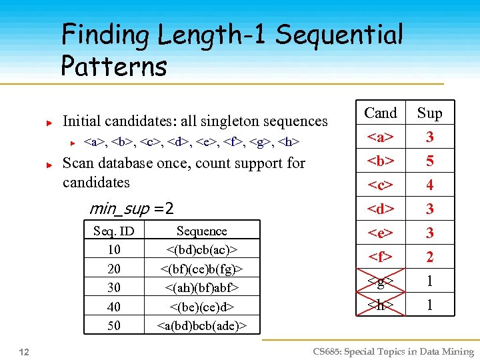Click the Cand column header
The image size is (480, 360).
381,113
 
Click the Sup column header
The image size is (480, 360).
429,113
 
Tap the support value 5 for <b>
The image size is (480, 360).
430,161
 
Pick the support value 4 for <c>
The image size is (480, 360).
430,185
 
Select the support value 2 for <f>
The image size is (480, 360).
430,257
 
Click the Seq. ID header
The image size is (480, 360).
114,231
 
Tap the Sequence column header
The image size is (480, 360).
201,231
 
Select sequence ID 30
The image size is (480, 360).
114,287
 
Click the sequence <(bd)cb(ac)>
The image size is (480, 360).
201,249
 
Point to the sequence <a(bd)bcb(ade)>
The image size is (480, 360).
201,325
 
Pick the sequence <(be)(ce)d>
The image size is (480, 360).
201,307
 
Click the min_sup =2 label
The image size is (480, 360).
131,209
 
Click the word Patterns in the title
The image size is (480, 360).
113,66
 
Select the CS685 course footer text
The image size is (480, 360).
393,351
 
